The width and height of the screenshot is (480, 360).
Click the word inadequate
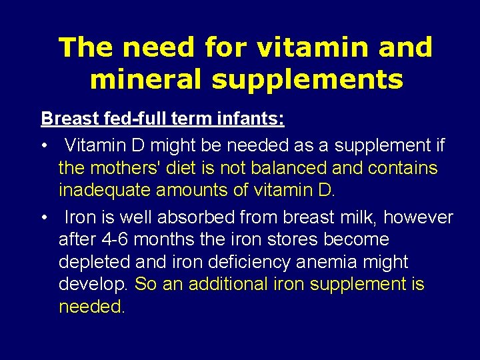point(104,191)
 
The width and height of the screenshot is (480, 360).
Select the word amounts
point(191,191)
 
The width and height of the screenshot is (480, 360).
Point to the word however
point(419,217)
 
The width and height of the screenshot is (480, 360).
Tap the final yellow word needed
point(91,307)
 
